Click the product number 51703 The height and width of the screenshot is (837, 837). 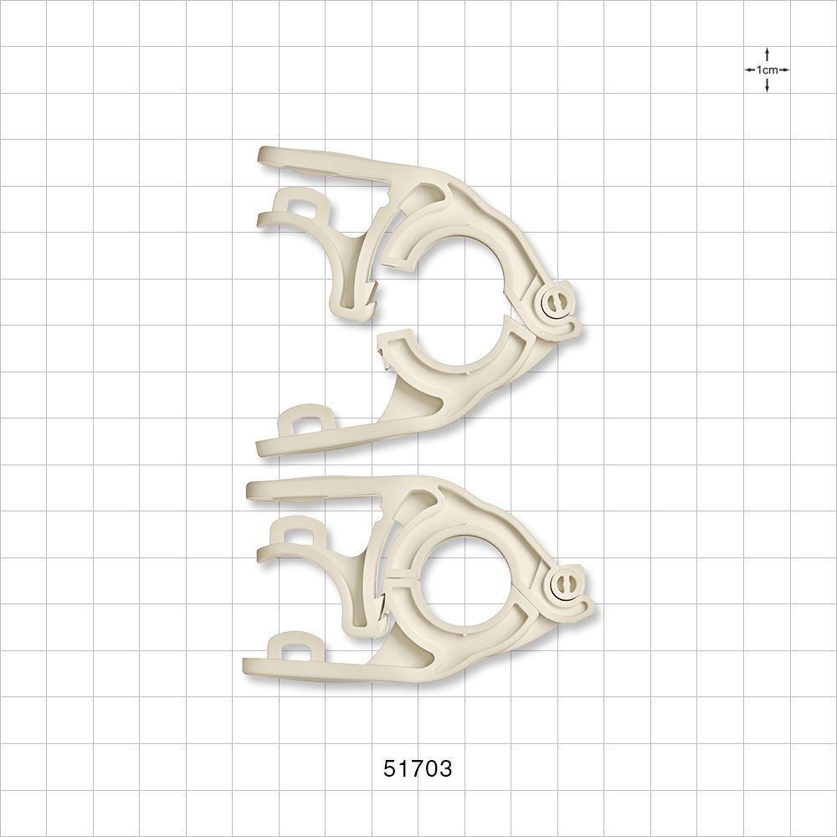point(418,768)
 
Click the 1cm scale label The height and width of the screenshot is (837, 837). point(767,70)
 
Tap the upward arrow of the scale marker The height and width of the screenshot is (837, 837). point(767,54)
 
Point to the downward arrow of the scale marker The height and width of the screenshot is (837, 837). point(767,85)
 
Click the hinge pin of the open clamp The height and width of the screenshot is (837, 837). point(555,306)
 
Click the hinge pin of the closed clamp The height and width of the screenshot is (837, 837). point(566,584)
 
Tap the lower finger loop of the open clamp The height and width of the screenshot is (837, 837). point(302,419)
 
